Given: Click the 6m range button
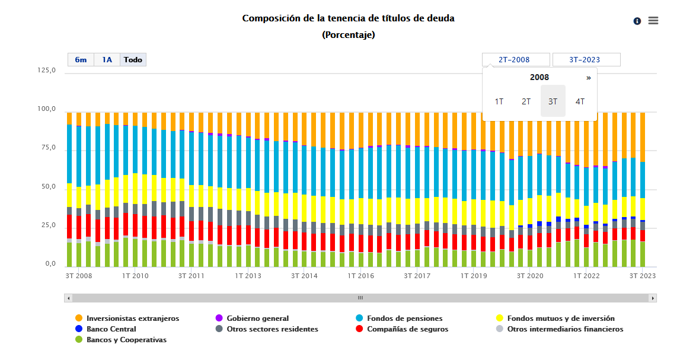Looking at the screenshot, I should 81,60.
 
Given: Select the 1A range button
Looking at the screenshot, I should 107,60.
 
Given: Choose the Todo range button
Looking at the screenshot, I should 133,60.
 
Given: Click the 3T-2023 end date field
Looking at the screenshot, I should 586,60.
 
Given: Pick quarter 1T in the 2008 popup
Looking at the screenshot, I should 499,101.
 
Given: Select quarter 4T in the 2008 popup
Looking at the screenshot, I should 580,101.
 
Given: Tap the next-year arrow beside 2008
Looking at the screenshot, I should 589,78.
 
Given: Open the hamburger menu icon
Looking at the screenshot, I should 653,21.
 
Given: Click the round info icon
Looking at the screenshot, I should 637,21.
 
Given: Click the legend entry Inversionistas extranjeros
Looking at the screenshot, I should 132,318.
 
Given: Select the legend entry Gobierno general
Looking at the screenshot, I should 257,318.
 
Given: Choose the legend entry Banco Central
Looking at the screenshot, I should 111,329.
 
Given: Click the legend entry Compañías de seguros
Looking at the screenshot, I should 407,329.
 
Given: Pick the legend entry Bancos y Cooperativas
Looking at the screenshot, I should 126,340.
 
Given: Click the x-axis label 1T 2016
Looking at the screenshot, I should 360,276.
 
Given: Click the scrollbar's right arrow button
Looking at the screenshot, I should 653,298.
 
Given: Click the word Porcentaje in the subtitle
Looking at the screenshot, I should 349,35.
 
